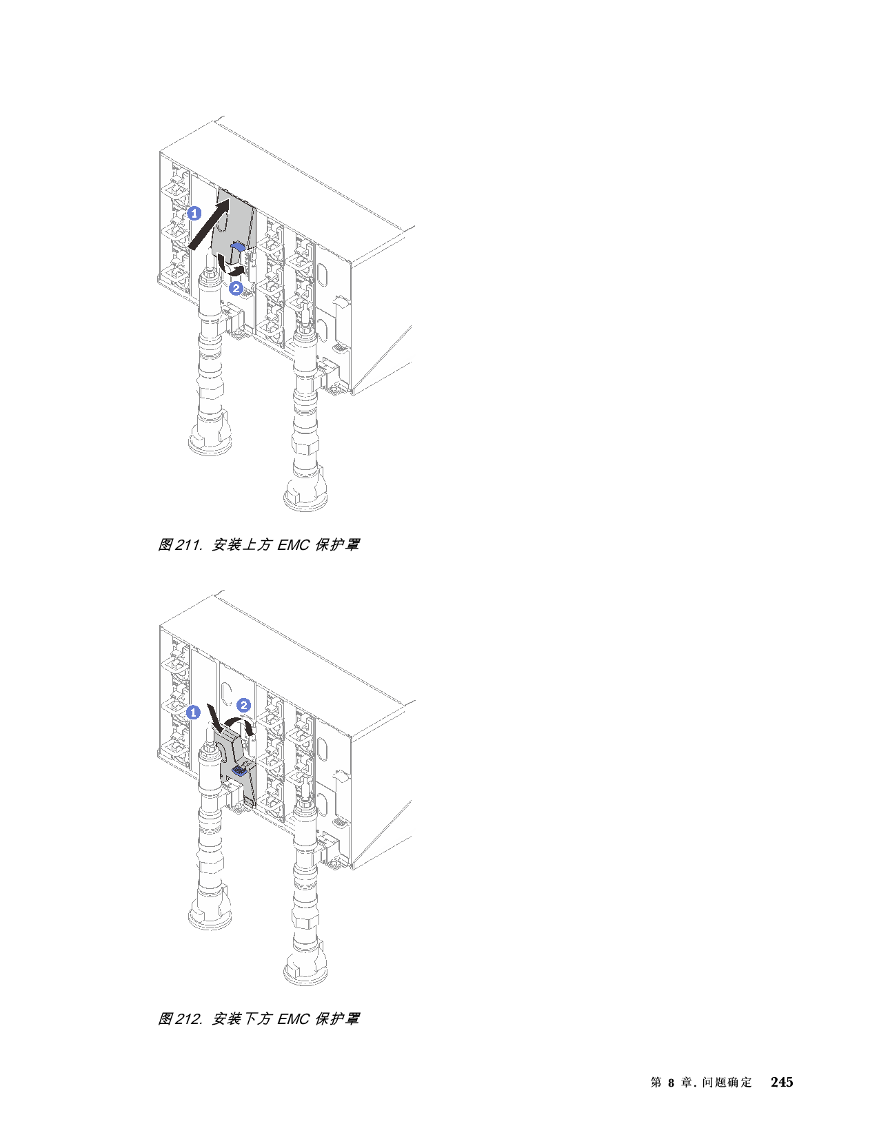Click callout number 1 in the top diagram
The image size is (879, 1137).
point(194,213)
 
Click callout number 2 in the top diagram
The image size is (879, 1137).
point(236,288)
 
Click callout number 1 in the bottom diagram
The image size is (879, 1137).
point(194,712)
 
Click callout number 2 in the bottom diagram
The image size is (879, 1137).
point(243,704)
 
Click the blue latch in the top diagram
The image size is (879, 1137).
point(239,246)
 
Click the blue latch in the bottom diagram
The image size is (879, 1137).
point(240,770)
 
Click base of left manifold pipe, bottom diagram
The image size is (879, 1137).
point(211,916)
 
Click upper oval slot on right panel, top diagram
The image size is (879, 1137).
point(320,274)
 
